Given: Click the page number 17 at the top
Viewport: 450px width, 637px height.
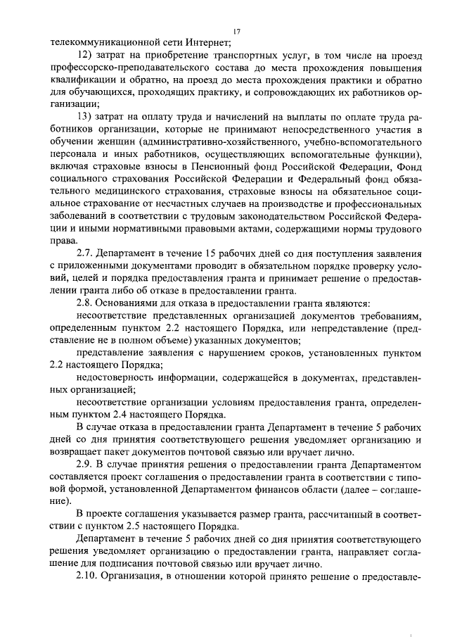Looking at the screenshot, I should coord(236,31).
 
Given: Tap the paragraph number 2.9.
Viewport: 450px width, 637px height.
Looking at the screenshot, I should coord(85,467).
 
